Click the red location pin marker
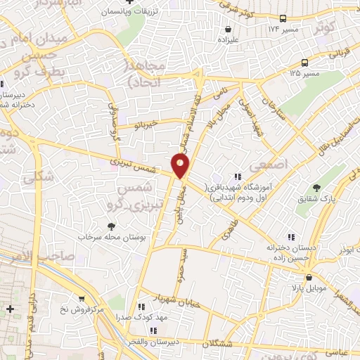tap(181, 165)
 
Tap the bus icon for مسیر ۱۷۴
tap(283, 18)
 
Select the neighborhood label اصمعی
tap(274, 163)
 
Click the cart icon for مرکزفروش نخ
tap(82, 298)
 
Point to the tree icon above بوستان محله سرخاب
tap(110, 226)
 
